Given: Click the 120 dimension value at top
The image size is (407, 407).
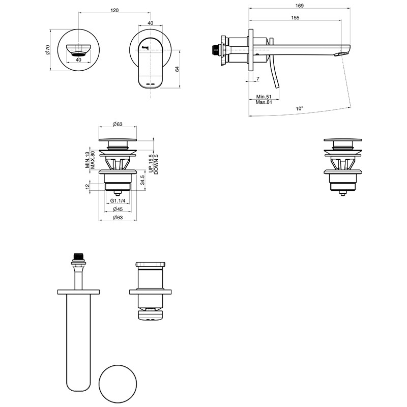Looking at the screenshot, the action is [114, 10].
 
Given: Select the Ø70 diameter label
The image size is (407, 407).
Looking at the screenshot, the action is [47, 49].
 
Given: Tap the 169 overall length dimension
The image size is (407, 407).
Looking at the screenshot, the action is [300, 6].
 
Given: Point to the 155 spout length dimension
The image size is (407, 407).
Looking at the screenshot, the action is [295, 18].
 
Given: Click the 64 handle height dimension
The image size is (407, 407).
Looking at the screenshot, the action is [177, 69].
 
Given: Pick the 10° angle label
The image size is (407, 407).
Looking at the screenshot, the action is [299, 108].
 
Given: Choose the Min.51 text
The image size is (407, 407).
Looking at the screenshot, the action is [264, 97].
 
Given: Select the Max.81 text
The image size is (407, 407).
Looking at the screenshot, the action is [264, 102].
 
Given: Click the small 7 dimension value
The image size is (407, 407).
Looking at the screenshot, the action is [258, 78].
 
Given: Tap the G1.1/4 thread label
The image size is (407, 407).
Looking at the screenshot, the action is [118, 200].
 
